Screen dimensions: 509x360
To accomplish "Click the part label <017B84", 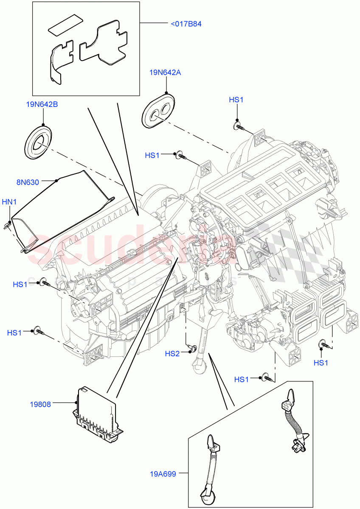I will (x=186, y=24).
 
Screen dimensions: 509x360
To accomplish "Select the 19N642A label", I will (x=165, y=73).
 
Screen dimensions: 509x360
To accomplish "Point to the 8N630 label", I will (x=28, y=182).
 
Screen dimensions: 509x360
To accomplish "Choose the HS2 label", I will (x=172, y=353).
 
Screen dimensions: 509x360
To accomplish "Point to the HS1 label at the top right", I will (x=236, y=100).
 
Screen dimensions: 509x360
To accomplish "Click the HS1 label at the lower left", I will (x=14, y=333).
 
